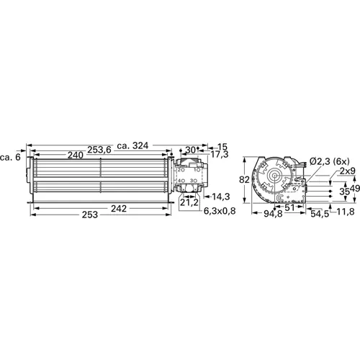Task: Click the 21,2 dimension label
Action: (189, 202)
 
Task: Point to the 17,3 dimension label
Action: (221, 155)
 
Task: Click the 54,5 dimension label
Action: (320, 214)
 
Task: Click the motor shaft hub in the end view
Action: (276, 175)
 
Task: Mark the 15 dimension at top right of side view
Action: (222, 147)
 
